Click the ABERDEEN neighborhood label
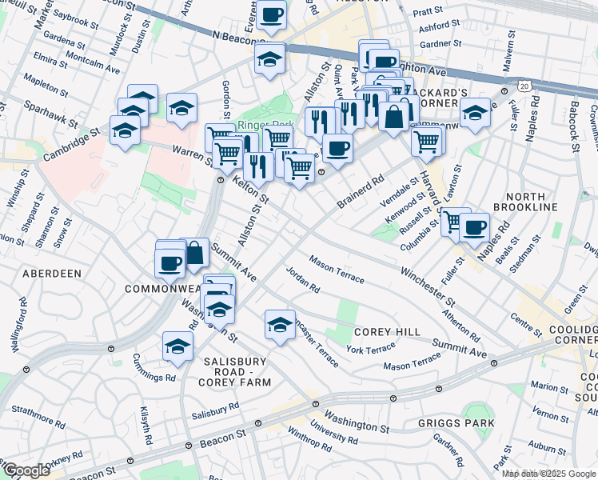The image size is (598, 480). [x=52, y=273]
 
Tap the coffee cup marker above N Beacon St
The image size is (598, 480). [x=272, y=15]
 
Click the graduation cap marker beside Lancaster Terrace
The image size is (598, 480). [x=280, y=324]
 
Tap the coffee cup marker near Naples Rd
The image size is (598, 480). [x=475, y=226]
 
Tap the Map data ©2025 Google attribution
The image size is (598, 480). [x=549, y=474]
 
